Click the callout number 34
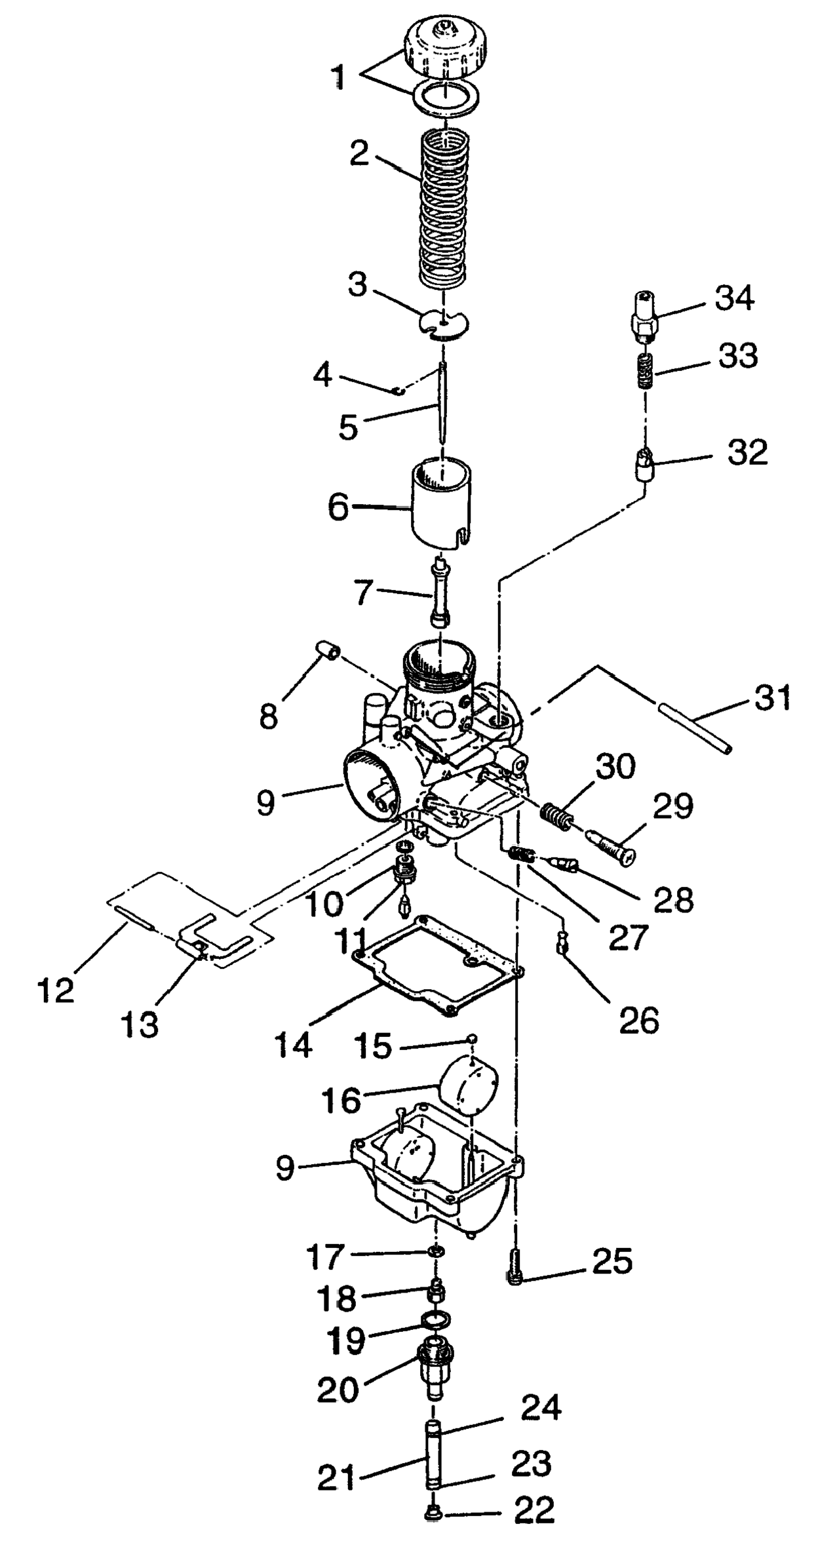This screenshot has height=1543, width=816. click(x=734, y=298)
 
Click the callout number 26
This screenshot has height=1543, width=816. click(x=639, y=1019)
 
